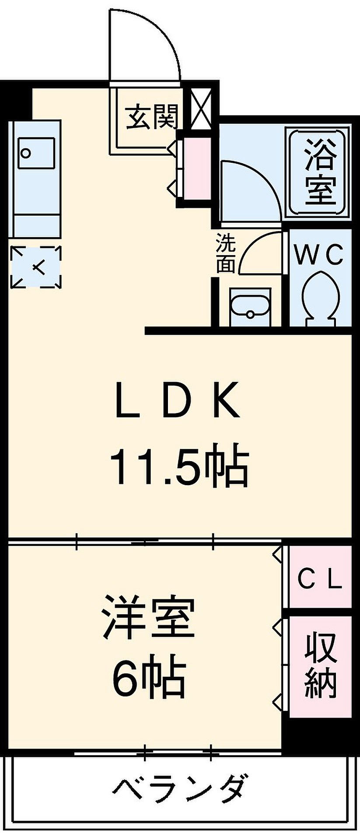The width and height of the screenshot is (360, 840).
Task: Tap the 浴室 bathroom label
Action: (x=321, y=172)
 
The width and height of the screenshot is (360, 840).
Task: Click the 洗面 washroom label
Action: (x=226, y=253)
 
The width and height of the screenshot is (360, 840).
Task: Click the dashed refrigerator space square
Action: (x=36, y=267)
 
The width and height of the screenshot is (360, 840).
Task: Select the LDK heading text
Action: (x=178, y=400)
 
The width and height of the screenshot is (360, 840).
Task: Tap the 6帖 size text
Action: (x=149, y=681)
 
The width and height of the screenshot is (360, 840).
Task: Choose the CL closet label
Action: (x=320, y=580)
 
